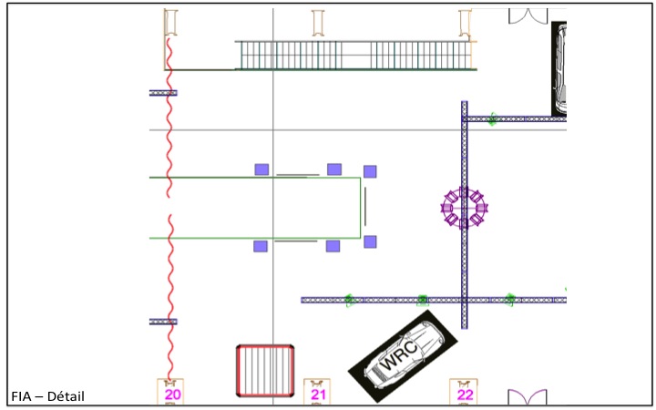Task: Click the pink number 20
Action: (172, 395)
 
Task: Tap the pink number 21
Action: (318, 395)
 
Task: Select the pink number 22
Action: (465, 395)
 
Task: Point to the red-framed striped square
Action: (265, 370)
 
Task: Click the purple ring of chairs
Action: (465, 208)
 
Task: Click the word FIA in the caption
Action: (22, 396)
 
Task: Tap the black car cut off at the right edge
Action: (559, 68)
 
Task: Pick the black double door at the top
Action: (529, 16)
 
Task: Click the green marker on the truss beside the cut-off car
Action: (492, 118)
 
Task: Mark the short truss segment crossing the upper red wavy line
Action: (163, 93)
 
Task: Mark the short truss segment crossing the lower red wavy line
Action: (163, 322)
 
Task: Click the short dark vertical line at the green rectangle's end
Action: (365, 208)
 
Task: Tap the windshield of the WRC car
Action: (422, 343)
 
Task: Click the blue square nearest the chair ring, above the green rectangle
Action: (370, 171)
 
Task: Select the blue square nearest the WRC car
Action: (370, 241)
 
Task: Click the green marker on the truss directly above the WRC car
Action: (423, 299)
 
